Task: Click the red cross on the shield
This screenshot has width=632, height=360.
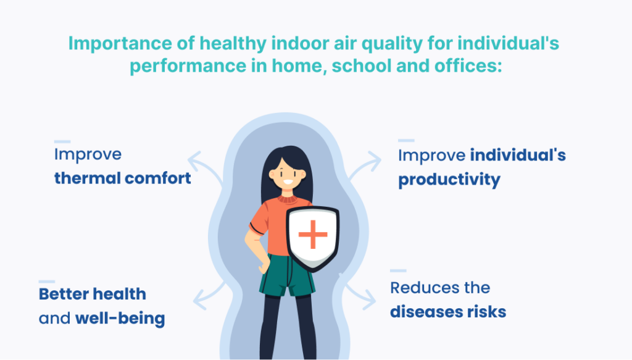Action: (x=313, y=234)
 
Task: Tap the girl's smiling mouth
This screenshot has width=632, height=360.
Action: (x=288, y=182)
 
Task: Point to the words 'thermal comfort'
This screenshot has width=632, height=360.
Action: (x=123, y=178)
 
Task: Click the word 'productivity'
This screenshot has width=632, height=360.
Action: (x=449, y=180)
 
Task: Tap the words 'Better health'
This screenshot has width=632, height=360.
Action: (x=93, y=294)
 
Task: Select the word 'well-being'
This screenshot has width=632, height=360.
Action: (x=120, y=318)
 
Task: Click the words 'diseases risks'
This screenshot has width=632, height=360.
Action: (x=448, y=312)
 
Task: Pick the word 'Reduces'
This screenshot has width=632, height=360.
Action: (x=425, y=288)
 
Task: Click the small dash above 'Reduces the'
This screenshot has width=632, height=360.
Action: (x=398, y=270)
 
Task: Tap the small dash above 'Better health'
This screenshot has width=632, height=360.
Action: (x=47, y=282)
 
